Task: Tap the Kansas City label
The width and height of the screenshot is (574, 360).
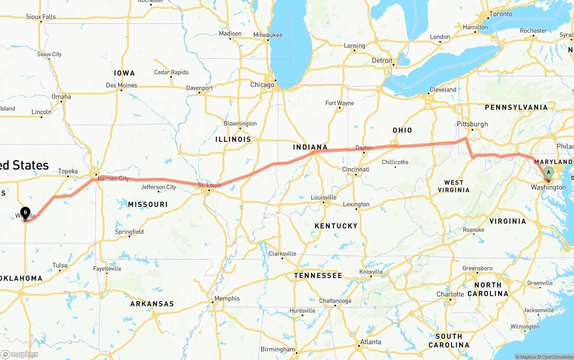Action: point(113,178)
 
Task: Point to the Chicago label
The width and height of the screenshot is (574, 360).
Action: point(262,85)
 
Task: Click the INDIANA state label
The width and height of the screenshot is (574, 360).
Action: point(310,147)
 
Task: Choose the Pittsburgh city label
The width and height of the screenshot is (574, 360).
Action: point(472,124)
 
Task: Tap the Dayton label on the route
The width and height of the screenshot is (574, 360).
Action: point(364,147)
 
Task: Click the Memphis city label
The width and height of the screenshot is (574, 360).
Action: point(227,299)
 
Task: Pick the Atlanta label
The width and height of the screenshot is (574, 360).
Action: point(370,342)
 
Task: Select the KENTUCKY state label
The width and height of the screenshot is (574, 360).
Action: point(336,226)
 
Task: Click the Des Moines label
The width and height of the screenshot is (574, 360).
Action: point(122,85)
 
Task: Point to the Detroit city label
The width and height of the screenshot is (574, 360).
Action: point(382,61)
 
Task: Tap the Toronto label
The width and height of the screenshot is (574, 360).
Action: point(500,14)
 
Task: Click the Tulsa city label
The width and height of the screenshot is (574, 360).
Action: point(60,265)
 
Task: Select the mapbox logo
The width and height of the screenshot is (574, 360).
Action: point(20,354)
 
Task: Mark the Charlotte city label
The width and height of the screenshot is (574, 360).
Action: point(450,294)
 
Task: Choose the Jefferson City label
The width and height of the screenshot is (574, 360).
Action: point(158,187)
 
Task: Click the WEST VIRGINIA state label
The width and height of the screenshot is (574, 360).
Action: point(453,186)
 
